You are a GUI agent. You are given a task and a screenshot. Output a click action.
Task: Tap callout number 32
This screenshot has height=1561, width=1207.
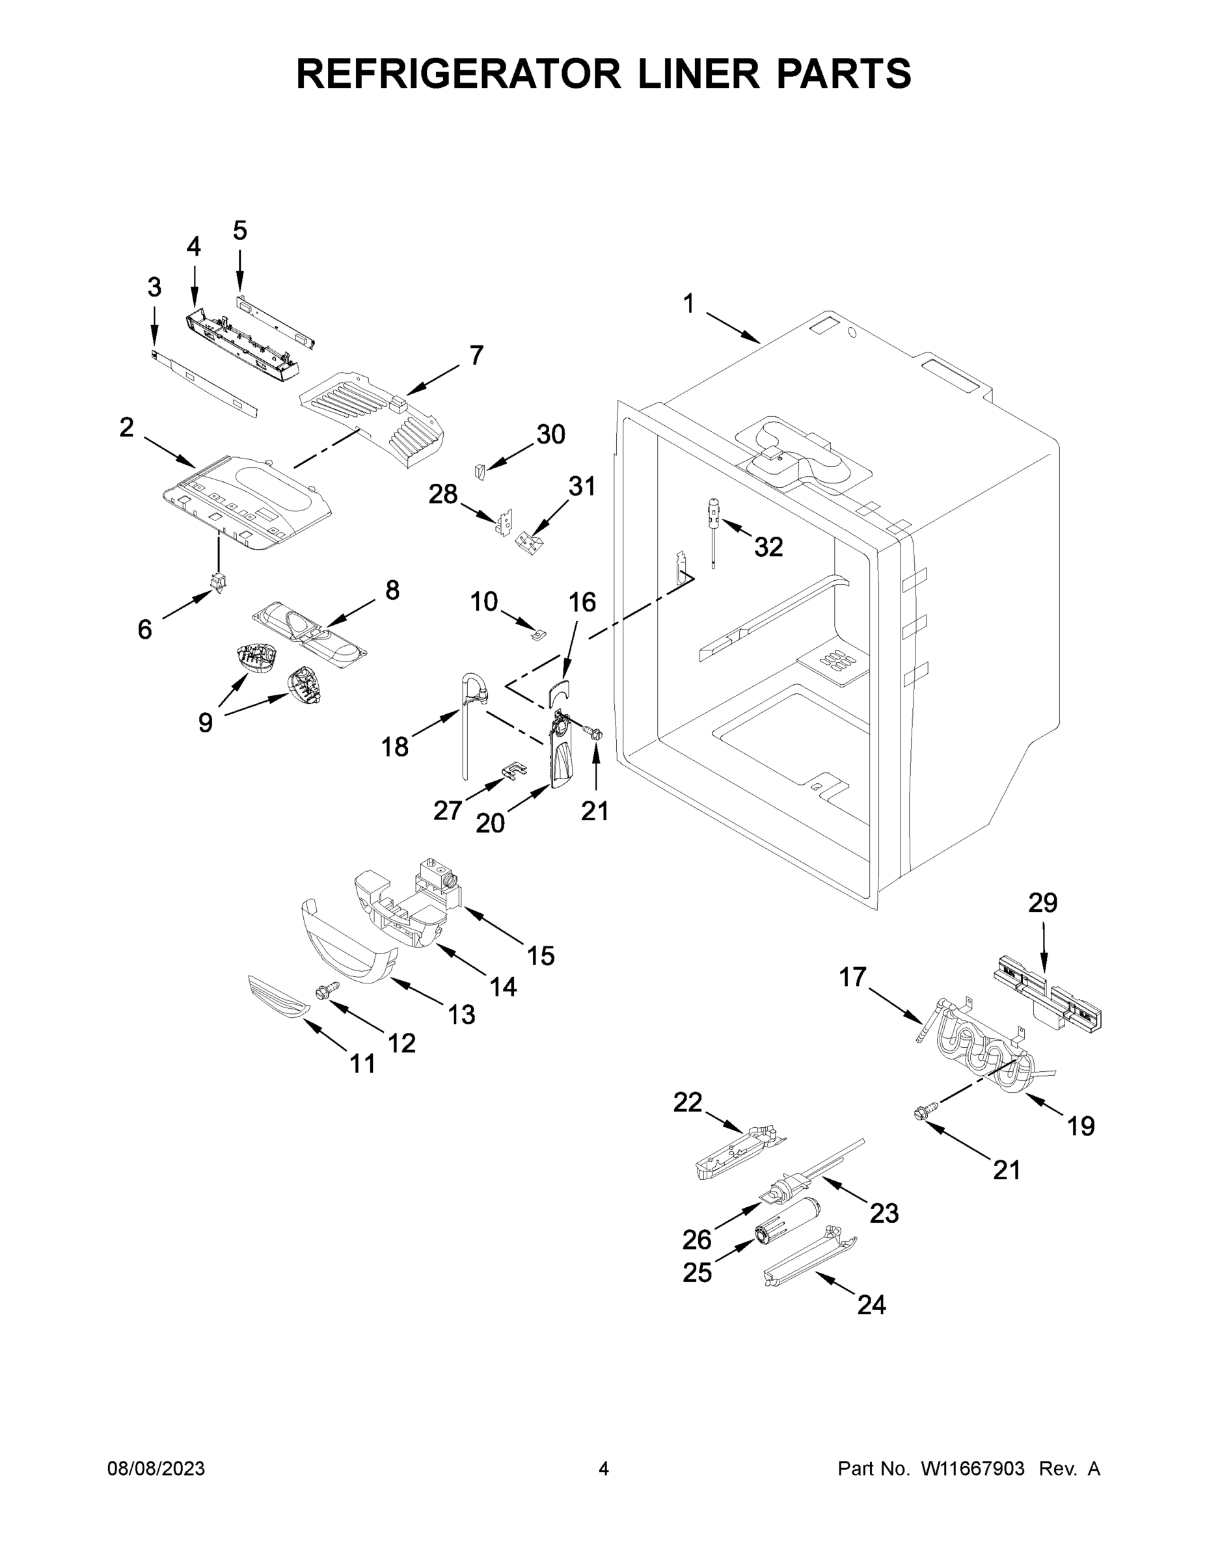(768, 547)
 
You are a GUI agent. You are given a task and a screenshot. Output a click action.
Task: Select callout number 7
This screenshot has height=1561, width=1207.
(476, 355)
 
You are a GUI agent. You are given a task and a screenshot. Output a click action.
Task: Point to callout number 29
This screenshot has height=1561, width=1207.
(1042, 903)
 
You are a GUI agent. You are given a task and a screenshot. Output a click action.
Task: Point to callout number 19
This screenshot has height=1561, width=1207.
(1080, 1127)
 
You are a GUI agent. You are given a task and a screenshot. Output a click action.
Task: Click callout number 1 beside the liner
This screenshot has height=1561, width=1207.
(688, 304)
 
